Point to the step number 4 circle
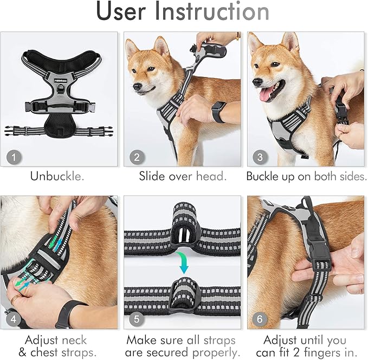point(15,319)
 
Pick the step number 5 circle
point(137,319)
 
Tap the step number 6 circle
point(259,319)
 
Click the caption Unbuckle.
point(58,176)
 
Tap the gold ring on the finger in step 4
point(15,297)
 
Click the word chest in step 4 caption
point(49,353)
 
